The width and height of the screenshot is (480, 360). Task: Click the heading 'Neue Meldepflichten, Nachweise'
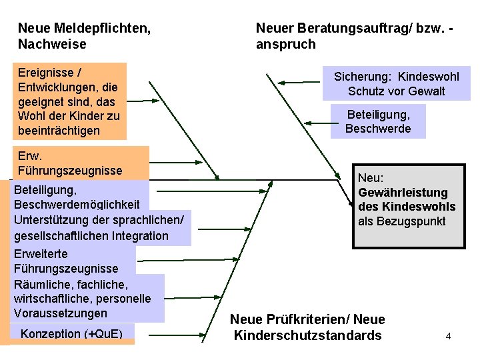pos(83,36)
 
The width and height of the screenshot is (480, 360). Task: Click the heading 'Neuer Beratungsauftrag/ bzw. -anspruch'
pos(355,36)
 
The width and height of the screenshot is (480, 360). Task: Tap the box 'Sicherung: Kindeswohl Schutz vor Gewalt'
pos(396,84)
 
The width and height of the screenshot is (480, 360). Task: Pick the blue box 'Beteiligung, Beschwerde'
pos(378,121)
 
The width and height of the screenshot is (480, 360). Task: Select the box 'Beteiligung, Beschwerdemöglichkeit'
pos(77,197)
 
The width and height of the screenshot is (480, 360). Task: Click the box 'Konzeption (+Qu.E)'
pos(72,333)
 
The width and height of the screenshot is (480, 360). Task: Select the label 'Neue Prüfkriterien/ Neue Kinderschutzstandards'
pos(307,327)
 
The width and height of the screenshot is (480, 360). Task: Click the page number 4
pos(448,336)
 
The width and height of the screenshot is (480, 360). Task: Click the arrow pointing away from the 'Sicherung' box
pos(290,83)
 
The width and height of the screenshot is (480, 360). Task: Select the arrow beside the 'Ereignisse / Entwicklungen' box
pos(143,101)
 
